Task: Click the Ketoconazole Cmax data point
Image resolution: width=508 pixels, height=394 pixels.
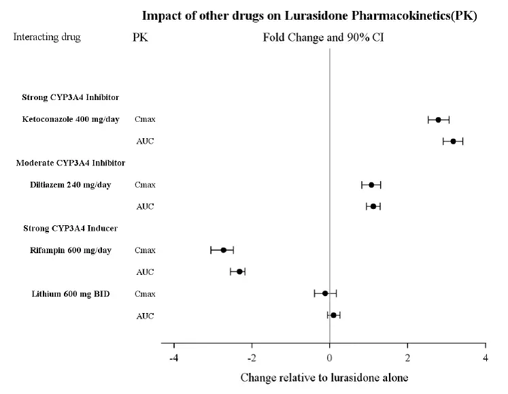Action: tap(438, 120)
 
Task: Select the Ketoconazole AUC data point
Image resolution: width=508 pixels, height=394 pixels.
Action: tap(453, 142)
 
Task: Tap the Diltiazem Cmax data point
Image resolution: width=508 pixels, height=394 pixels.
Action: tap(371, 185)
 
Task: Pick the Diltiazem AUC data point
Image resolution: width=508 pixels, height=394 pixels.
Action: tap(373, 206)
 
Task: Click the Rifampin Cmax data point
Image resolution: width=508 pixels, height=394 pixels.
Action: tap(223, 250)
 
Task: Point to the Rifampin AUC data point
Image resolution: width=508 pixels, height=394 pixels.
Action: tap(239, 272)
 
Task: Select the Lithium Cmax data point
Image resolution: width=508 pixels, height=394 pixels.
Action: tap(325, 294)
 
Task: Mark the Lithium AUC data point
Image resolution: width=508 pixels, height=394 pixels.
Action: tap(333, 315)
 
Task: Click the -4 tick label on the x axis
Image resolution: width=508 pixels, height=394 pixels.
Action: tap(173, 357)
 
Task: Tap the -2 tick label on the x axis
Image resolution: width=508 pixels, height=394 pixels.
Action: tap(251, 357)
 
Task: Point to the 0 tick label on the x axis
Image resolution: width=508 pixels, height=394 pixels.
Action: tap(330, 357)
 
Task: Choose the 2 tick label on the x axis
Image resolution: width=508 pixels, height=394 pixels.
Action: tap(407, 357)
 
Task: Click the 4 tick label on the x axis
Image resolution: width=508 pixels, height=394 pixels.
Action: tap(485, 357)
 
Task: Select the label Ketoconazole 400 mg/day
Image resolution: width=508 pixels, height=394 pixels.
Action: tap(71, 120)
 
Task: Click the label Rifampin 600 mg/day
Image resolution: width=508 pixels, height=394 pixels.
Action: tap(71, 250)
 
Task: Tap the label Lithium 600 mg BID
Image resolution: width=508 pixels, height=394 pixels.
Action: tap(71, 294)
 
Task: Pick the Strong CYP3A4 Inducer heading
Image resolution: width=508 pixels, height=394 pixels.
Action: tap(66, 228)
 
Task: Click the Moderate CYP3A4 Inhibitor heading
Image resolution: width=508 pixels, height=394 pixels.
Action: tap(70, 163)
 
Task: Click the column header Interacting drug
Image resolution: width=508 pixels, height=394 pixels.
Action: tap(47, 37)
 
